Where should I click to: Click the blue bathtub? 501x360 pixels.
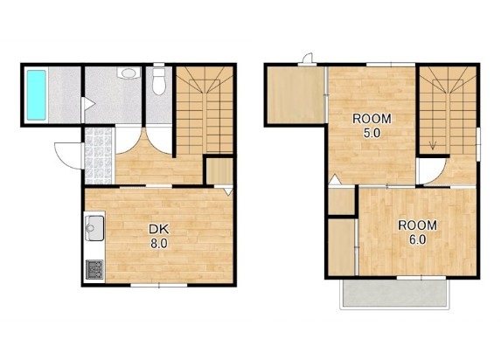tap(36, 95)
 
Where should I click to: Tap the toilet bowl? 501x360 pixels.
tap(159, 82)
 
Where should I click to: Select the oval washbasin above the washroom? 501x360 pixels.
tap(129, 73)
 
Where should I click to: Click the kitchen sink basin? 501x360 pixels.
tap(94, 228)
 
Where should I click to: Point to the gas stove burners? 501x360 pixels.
tap(94, 269)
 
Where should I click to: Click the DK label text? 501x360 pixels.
tap(159, 229)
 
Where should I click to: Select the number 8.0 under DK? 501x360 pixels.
tap(159, 244)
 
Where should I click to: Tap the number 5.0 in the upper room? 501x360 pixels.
tap(372, 133)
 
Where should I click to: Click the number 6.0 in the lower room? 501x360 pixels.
tap(417, 239)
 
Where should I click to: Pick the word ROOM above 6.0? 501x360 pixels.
tap(417, 225)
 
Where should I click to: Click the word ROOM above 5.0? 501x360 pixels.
tap(372, 119)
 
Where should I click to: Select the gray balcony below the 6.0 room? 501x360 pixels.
tap(394, 294)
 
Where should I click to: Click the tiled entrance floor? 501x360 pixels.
tap(99, 156)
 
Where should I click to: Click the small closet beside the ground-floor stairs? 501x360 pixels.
tap(219, 171)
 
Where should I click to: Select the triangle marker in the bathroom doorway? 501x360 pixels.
tap(88, 104)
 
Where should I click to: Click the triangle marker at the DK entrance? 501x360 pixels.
tap(228, 191)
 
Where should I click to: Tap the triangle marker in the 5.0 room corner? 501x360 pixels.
tap(335, 181)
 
